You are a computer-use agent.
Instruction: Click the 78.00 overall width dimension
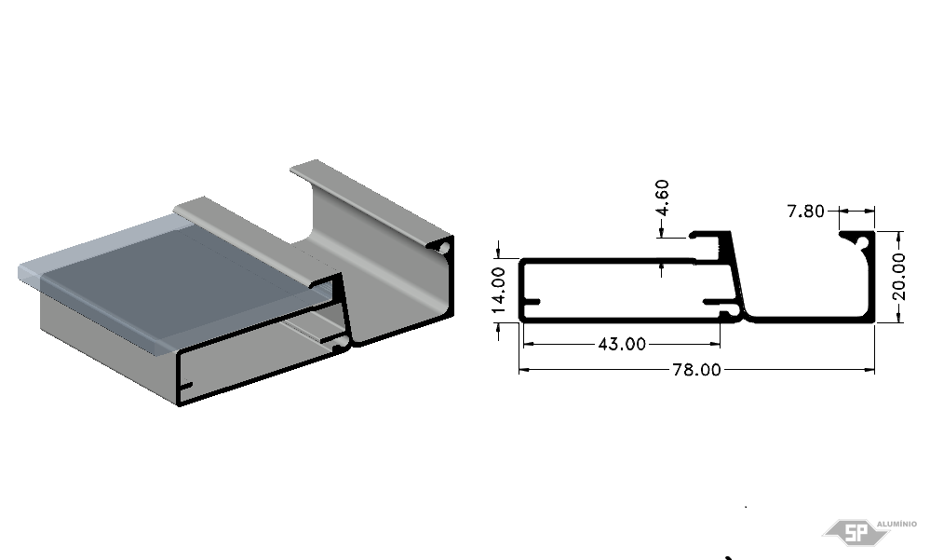696,370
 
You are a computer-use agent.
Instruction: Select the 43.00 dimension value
622,344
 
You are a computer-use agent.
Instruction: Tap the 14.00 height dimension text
498,291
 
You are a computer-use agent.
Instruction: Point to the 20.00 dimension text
898,277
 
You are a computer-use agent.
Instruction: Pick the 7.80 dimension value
805,211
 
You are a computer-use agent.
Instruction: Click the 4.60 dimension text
663,198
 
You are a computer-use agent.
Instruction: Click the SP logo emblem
856,532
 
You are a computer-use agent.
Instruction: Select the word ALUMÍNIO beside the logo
896,524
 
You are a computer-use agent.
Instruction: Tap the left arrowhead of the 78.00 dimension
525,370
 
